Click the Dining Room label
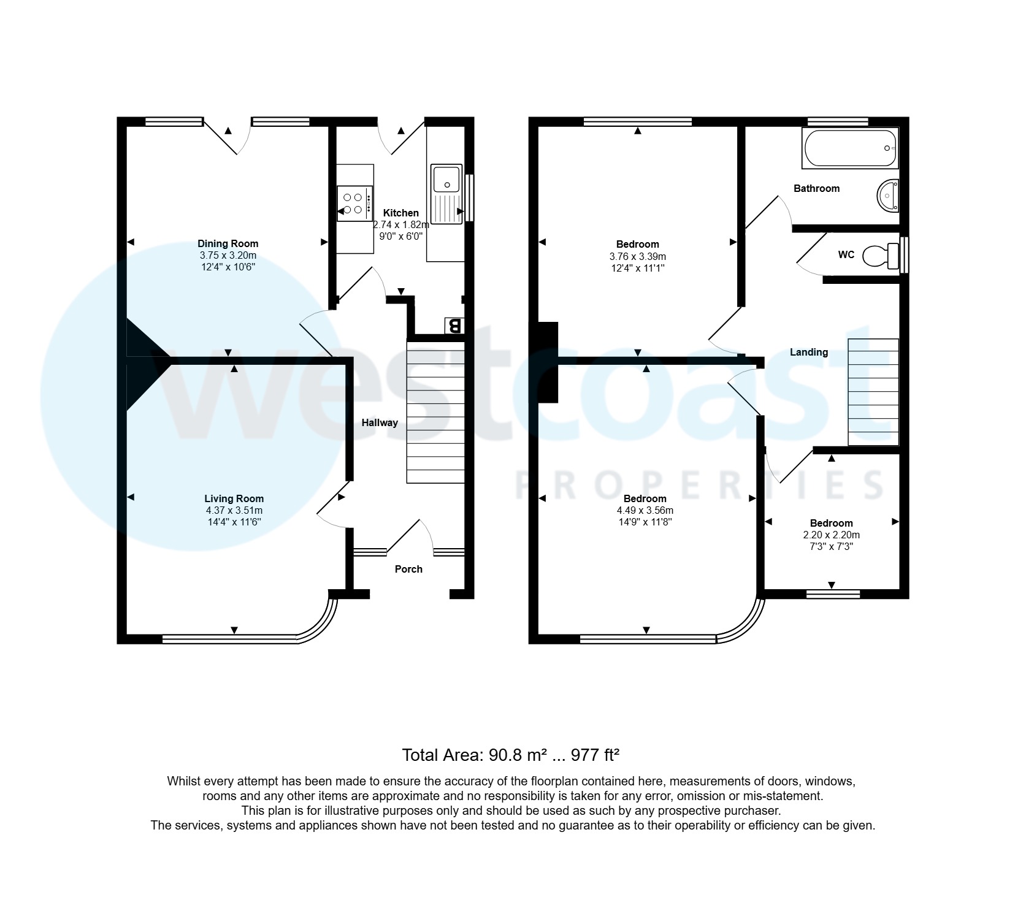[x=228, y=243]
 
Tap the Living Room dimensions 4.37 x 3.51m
[x=234, y=510]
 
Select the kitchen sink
[x=446, y=194]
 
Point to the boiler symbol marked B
[x=453, y=325]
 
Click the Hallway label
[x=380, y=422]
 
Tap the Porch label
[x=408, y=569]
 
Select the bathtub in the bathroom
[x=850, y=148]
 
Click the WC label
[x=846, y=254]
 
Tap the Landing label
[x=808, y=352]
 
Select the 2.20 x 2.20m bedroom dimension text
[x=831, y=535]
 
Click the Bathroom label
[x=816, y=188]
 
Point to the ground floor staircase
[x=435, y=412]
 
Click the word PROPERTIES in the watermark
[x=699, y=484]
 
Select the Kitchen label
[x=400, y=213]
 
